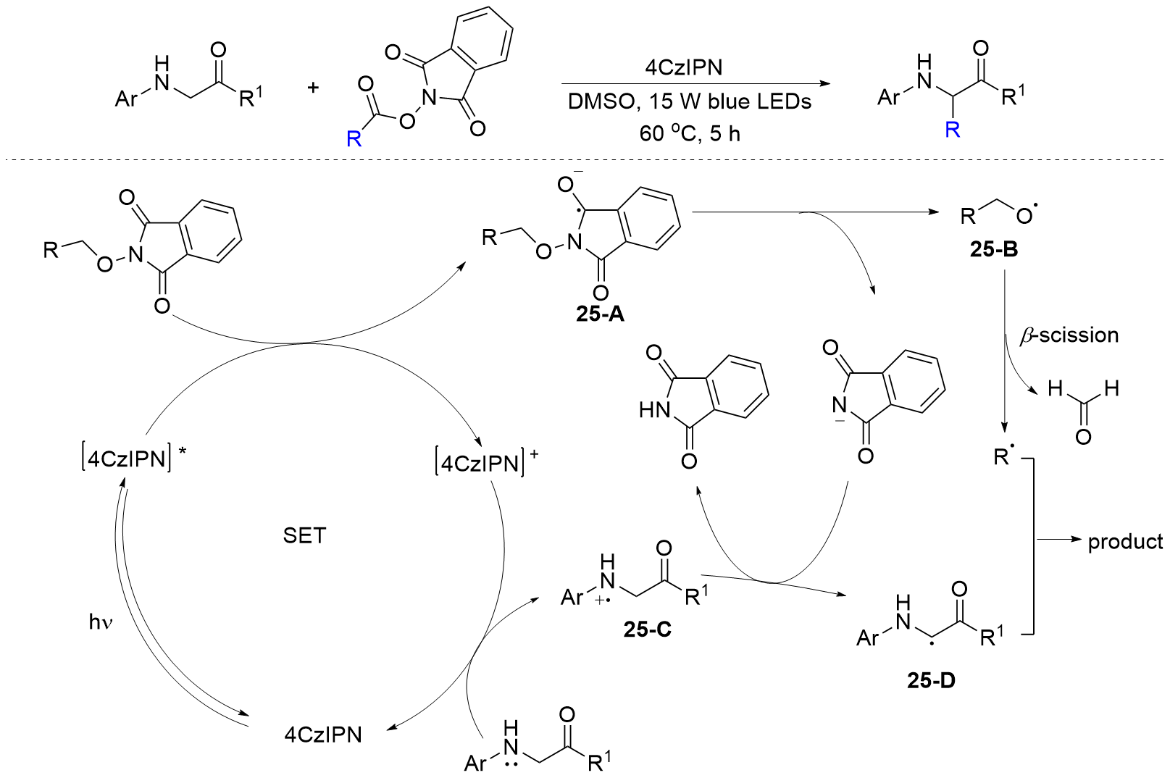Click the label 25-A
coord(600,314)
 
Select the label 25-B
coord(993,250)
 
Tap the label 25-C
coord(647,629)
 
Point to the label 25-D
coord(931,680)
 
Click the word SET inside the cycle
coord(304,536)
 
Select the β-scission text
coord(1069,335)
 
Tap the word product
coord(1125,542)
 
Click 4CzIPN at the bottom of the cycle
coord(322,735)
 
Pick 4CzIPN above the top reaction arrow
coord(683,67)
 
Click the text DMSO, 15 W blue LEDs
coord(689,101)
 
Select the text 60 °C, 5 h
coord(689,133)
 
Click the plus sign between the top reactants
coord(313,88)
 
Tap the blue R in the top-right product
coord(952,130)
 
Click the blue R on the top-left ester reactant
coord(354,138)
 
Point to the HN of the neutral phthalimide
coord(654,411)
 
